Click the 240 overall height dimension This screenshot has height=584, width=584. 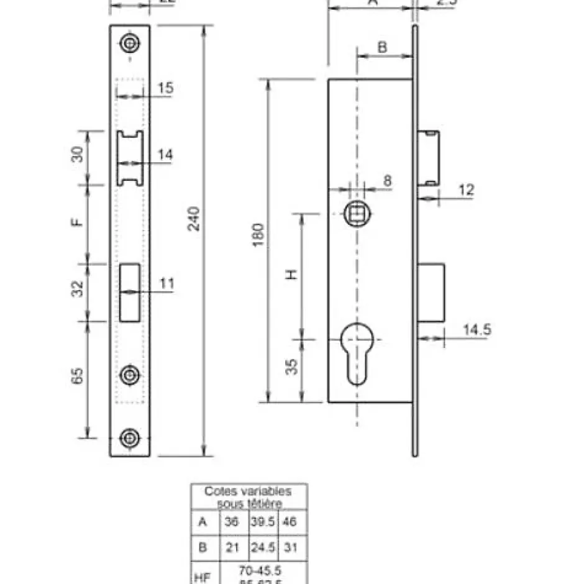click(x=194, y=219)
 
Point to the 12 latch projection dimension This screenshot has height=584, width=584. click(x=465, y=189)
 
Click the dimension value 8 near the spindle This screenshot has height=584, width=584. click(x=388, y=181)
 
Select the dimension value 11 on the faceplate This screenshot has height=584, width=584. click(x=167, y=284)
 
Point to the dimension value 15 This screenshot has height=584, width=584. click(x=165, y=88)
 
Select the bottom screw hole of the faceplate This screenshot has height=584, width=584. click(x=130, y=437)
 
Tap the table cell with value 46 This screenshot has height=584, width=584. click(x=290, y=522)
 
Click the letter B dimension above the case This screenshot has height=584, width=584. click(x=383, y=47)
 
